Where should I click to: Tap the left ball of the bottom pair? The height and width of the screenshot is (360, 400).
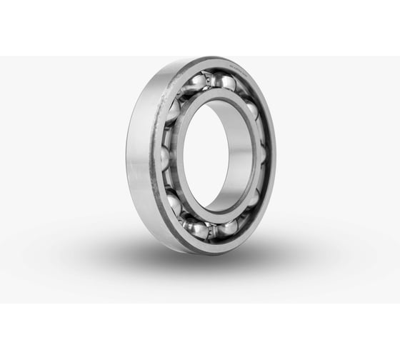coord(196,228)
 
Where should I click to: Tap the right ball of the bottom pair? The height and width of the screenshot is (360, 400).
coord(227,227)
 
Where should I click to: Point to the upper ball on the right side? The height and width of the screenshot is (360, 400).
coord(252,109)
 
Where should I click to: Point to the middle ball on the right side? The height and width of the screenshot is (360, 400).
coord(262,154)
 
